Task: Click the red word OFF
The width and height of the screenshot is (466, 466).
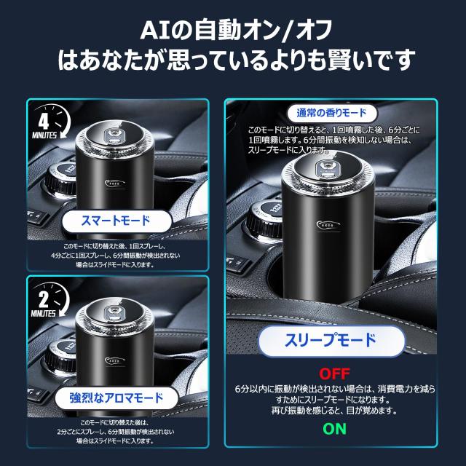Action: tap(335, 375)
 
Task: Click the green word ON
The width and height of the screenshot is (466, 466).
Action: tap(335, 430)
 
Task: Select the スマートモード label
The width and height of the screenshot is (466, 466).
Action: tap(106, 220)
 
